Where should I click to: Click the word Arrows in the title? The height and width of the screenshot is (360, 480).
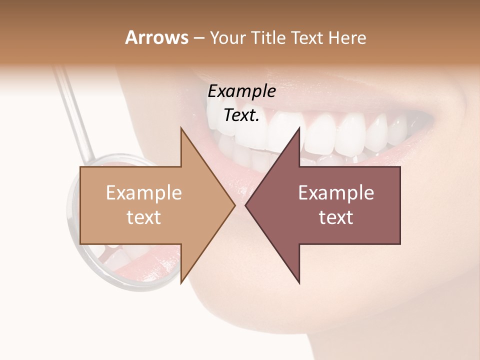point(156,37)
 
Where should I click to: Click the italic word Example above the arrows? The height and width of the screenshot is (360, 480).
point(241,91)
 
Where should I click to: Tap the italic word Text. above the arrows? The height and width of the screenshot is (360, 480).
point(241,115)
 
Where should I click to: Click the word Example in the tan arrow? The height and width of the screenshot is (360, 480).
point(144,193)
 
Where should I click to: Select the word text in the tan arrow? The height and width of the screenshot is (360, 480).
point(144,217)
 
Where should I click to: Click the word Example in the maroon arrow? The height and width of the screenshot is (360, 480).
point(336,193)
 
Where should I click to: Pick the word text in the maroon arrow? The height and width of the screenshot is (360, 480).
point(336,217)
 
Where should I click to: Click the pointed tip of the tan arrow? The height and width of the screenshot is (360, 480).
point(234,205)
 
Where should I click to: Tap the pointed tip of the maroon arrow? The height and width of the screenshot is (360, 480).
point(246,205)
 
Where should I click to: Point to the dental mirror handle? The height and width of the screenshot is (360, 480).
point(75,110)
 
